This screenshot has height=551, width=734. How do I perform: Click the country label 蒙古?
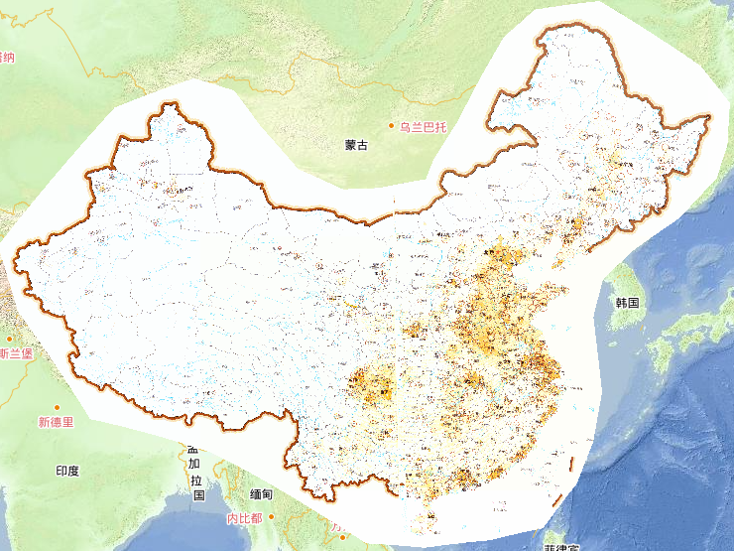(356, 145)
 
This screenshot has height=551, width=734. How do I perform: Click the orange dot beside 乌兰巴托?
(392, 126)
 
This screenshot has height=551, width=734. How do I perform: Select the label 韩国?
(627, 301)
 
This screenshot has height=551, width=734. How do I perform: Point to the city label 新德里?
(56, 422)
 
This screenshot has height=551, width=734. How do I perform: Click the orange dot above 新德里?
(58, 407)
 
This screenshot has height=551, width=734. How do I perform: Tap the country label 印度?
(67, 471)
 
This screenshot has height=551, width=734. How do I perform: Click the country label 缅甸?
(261, 493)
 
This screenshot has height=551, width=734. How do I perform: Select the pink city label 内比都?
(244, 518)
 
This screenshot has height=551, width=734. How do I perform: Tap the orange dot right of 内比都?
(272, 517)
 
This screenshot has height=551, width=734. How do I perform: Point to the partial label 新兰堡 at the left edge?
(16, 352)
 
